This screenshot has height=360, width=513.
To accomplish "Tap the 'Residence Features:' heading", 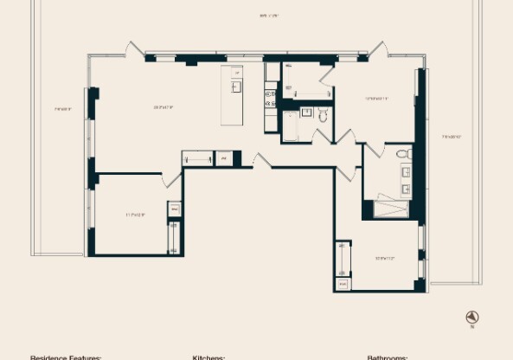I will click(66, 357).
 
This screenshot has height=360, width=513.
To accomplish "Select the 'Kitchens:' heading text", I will click(208, 357).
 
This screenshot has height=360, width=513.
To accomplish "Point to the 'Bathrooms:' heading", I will click(388, 357).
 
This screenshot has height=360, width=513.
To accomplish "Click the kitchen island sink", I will click(235, 87).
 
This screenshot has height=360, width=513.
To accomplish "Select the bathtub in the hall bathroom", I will click(291, 130).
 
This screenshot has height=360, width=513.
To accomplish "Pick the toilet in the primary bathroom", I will click(403, 155).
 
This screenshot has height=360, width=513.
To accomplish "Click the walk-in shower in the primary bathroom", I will click(391, 209).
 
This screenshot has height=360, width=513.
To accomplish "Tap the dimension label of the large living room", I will click(164, 107).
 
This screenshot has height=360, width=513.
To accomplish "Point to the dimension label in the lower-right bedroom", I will click(385, 258).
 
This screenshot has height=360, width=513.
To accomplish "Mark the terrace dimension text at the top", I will click(269, 16).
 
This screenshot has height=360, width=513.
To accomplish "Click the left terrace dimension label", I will click(62, 109).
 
